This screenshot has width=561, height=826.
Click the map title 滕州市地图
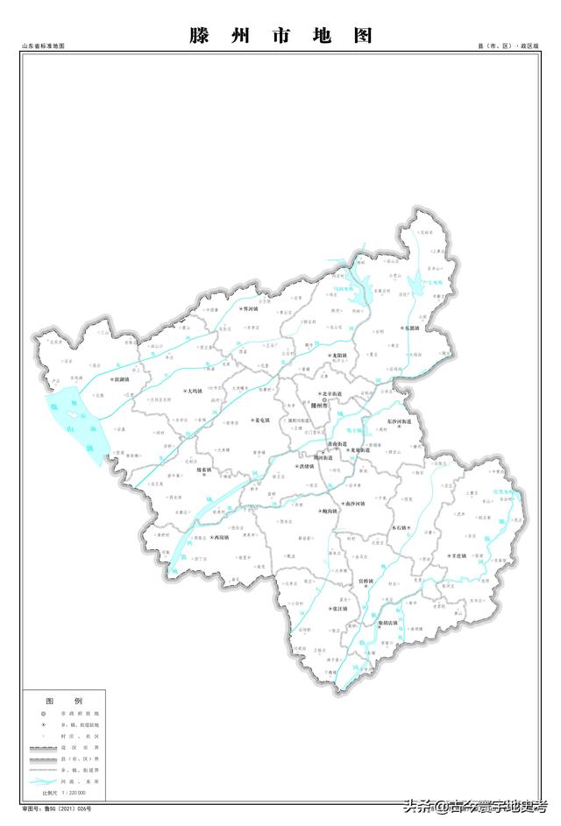click(280, 36)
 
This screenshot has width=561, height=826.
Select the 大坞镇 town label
click(193, 391)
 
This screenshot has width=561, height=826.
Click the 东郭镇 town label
click(411, 328)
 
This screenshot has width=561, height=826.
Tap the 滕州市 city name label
click(314, 406)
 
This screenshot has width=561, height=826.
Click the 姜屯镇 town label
click(259, 419)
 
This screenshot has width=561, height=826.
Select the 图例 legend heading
click(63, 702)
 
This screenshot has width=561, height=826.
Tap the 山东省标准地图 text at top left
click(44, 46)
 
